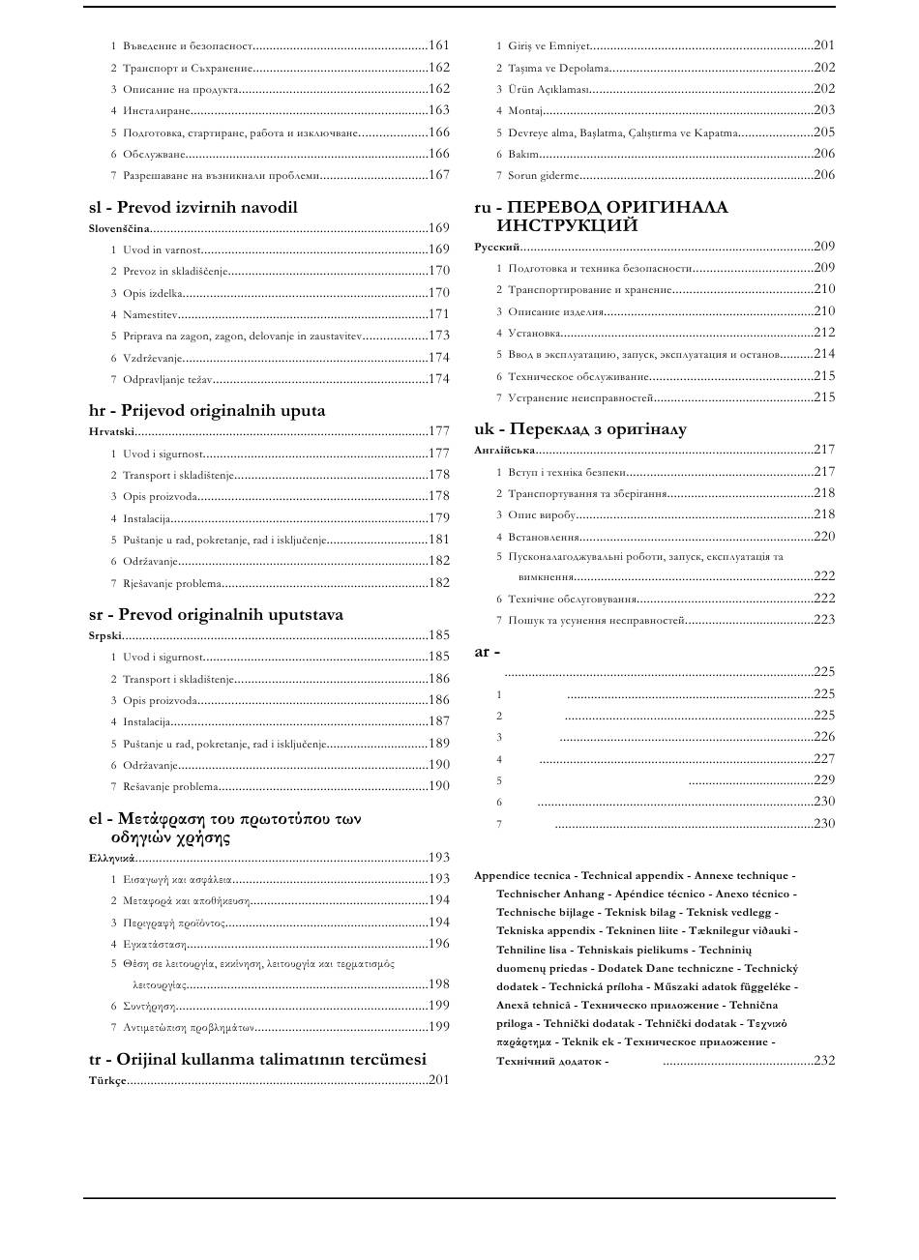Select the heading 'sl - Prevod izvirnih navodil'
[x=193, y=207]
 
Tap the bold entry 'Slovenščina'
[x=119, y=228]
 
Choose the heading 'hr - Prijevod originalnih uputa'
[x=207, y=410]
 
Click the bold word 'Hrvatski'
[x=111, y=431]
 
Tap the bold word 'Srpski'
[x=105, y=636]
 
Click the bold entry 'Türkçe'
[x=107, y=1080]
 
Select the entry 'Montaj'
[x=525, y=111]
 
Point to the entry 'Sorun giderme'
[x=544, y=176]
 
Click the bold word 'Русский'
[x=497, y=247]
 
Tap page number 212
[x=824, y=333]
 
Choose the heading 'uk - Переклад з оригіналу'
[x=579, y=429]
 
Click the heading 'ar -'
[x=487, y=652]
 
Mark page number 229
[x=824, y=780]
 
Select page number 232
[x=824, y=1061]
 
